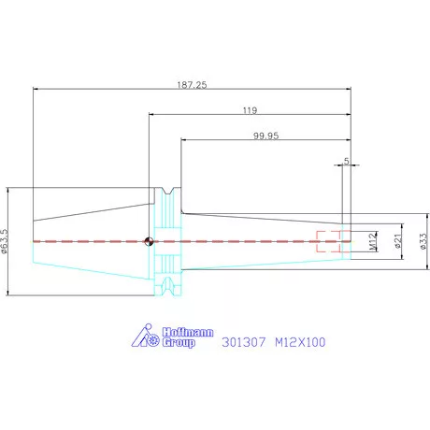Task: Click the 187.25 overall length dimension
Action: [192, 85]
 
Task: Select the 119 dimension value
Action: [250, 110]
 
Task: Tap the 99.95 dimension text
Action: [265, 136]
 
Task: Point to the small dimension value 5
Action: [347, 161]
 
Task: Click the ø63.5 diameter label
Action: [5, 241]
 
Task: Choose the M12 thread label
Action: [373, 241]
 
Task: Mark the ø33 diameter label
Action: [423, 241]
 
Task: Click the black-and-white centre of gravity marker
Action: [149, 241]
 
